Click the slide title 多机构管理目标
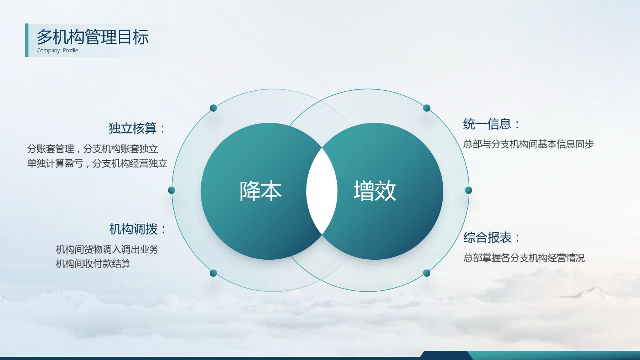92,37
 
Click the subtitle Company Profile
57,51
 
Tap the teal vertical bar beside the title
27,40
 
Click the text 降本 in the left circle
260,191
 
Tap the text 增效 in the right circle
374,191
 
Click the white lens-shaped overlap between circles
322,191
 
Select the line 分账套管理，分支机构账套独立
92,149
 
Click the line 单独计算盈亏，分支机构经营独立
97,163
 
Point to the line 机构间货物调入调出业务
107,249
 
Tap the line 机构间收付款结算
93,264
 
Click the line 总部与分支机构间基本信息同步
528,144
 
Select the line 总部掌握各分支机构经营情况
524,258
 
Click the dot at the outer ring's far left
171,190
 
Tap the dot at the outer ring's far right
469,190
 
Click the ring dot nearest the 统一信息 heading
427,108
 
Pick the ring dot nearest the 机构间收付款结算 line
213,273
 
